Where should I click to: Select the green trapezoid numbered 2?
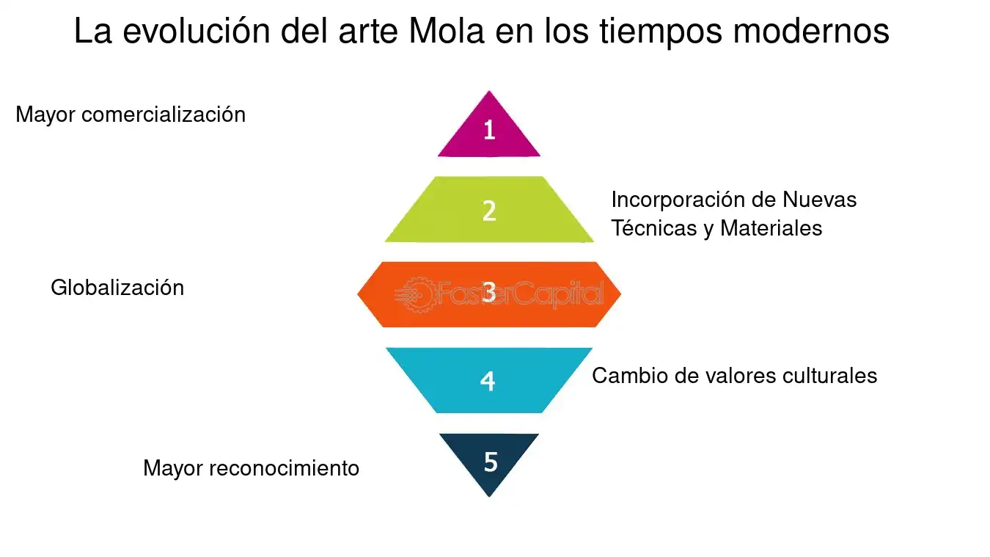pos(489,209)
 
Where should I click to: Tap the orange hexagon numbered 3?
pos(489,295)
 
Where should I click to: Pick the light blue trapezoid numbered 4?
pos(489,380)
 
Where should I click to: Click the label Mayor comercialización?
pos(131,115)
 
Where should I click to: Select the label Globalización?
pos(117,288)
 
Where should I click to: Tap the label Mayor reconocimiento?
pos(251,468)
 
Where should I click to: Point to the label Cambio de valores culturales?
pos(735,376)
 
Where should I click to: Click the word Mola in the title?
pos(447,31)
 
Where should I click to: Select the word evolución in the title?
pos(197,31)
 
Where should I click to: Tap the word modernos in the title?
pos(811,31)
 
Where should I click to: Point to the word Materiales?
pos(771,228)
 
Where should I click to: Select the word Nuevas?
pos(820,200)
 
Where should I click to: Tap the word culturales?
pos(829,376)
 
